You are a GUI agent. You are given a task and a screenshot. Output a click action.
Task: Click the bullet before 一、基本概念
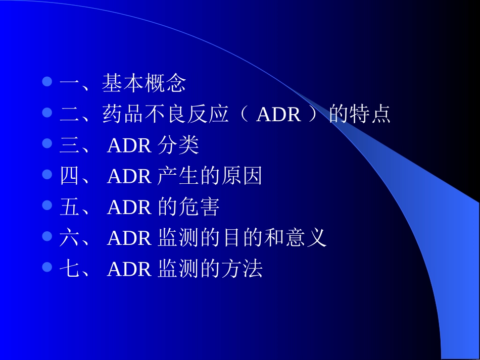[x=47, y=82]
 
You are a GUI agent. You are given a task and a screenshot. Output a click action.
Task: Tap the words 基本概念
[x=144, y=83]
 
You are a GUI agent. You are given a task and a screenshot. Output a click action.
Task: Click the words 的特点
[x=359, y=115]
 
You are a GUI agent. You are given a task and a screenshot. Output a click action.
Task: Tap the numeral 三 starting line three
[x=69, y=145]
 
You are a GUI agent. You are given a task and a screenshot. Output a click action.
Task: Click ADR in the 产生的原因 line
[x=129, y=177]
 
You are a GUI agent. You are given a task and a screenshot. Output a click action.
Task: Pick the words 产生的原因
[x=210, y=176]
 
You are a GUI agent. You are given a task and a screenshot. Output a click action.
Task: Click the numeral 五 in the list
[x=69, y=207]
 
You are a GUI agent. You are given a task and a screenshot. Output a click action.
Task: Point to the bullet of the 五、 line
[x=47, y=205]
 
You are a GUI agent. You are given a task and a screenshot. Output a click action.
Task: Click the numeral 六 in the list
[x=69, y=238]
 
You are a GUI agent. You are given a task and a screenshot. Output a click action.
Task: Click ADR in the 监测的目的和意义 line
[x=129, y=238]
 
